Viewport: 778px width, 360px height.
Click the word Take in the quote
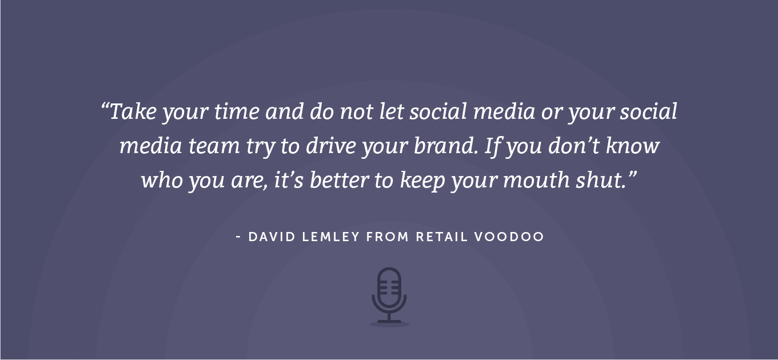point(133,111)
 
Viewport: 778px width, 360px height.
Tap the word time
point(237,111)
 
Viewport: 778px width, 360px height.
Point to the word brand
point(444,146)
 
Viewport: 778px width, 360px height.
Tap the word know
point(632,146)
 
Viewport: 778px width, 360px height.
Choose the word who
point(162,180)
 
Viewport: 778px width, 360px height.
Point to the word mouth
point(536,180)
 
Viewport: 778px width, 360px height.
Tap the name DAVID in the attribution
point(272,237)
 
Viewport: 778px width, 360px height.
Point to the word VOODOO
point(509,237)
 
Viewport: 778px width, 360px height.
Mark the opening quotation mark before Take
point(105,105)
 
